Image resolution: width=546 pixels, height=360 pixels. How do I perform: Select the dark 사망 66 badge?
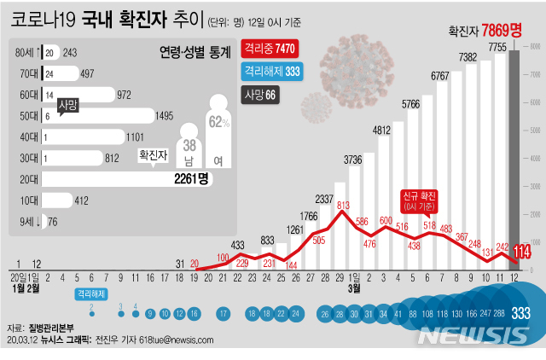[x=259, y=94]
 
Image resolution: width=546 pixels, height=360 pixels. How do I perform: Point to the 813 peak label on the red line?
[x=343, y=206]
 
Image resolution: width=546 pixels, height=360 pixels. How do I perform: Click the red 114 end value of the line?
[x=519, y=251]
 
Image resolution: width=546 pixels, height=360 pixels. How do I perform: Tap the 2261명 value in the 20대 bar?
[x=191, y=178]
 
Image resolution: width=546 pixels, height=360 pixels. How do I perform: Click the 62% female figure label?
[x=218, y=123]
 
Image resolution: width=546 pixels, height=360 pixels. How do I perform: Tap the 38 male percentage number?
[x=189, y=146]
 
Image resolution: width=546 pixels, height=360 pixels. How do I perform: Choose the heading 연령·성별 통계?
[x=195, y=53]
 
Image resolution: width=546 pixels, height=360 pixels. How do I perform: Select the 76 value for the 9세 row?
[x=53, y=222]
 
